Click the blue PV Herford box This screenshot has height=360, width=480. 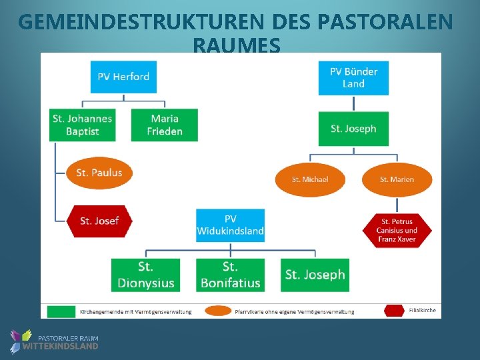(x=123, y=77)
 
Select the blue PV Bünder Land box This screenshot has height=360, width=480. (x=353, y=77)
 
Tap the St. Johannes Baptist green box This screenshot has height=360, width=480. (x=83, y=125)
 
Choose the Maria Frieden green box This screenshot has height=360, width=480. (x=165, y=125)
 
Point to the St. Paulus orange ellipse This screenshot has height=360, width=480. (x=99, y=173)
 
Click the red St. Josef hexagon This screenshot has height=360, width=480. (x=99, y=221)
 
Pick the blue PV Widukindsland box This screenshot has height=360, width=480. (x=230, y=225)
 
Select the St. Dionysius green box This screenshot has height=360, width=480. (x=146, y=275)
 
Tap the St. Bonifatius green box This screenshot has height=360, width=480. (x=230, y=275)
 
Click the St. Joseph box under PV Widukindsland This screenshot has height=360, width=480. (x=315, y=275)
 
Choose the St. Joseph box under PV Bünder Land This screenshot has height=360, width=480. (x=353, y=129)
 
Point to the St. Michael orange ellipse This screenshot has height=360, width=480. (x=310, y=179)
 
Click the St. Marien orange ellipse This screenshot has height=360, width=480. (x=397, y=179)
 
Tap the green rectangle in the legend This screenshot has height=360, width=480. (x=61, y=311)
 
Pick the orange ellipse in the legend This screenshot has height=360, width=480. (x=218, y=311)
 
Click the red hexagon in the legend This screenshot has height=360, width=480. (x=395, y=310)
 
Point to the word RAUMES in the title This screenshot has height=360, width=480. (x=236, y=45)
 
